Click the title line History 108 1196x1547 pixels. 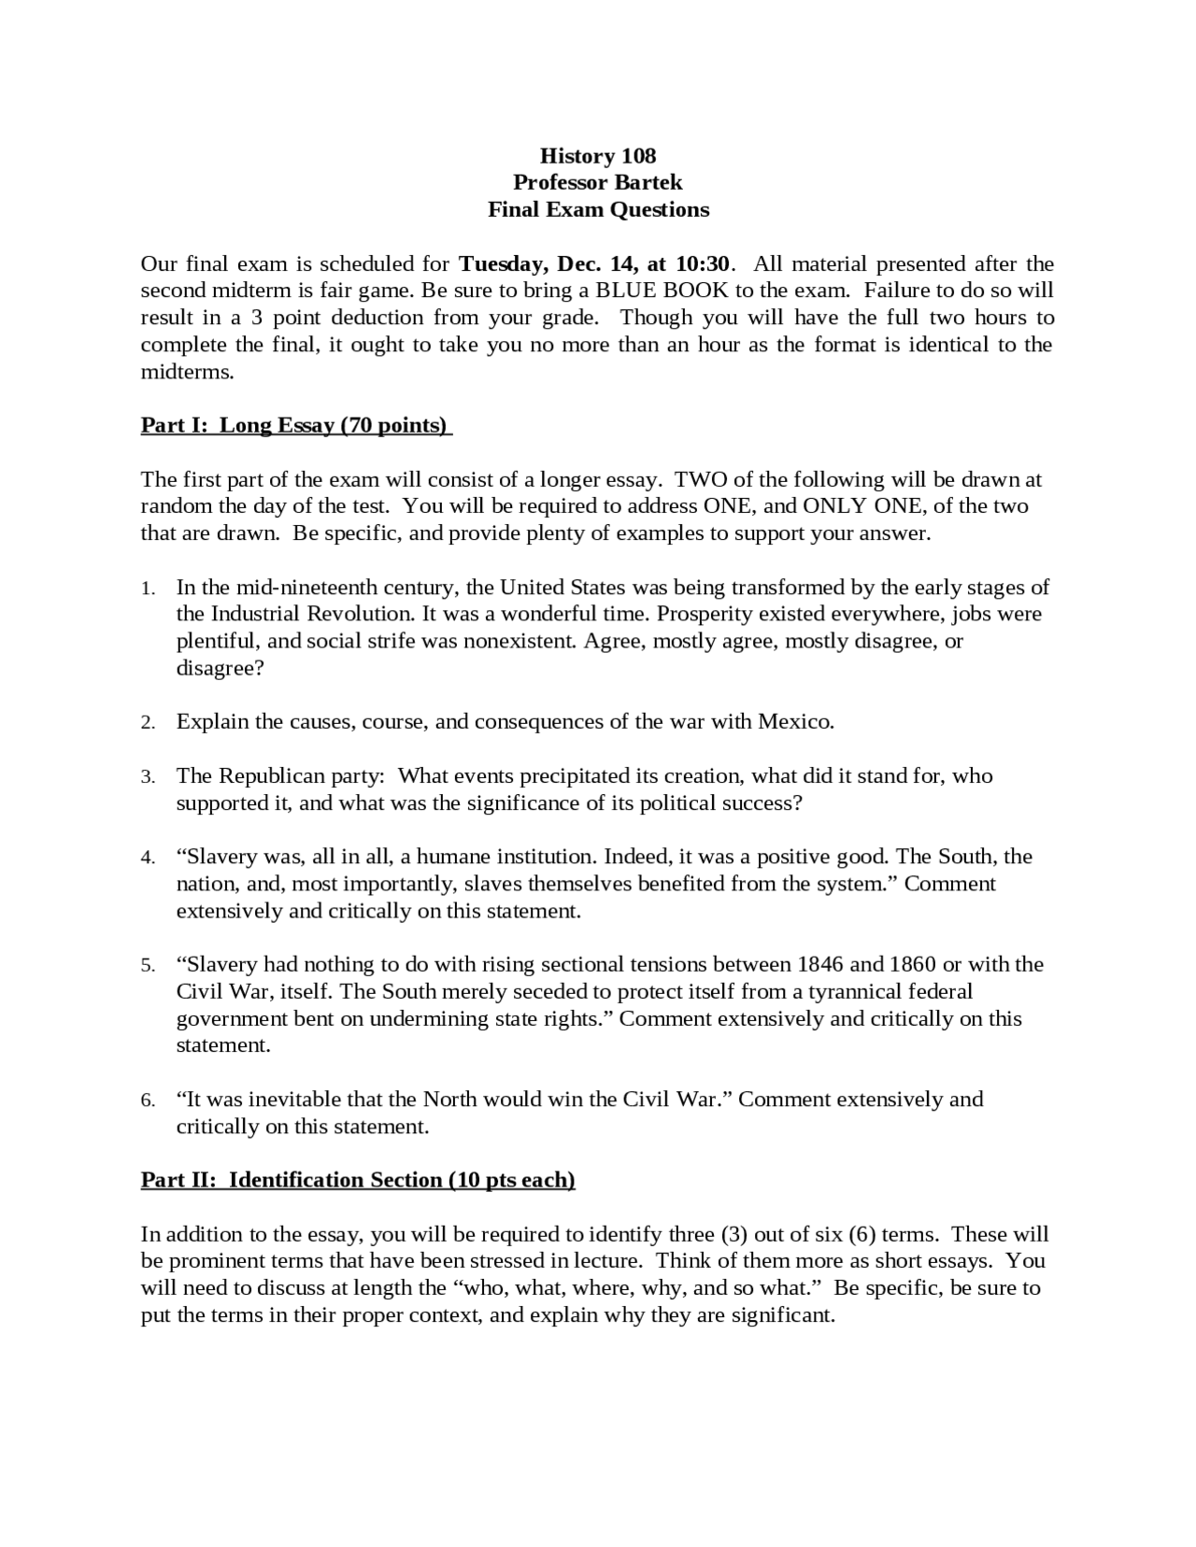pyautogui.click(x=598, y=155)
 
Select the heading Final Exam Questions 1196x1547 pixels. pyautogui.click(x=598, y=209)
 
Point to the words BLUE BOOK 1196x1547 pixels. pyautogui.click(x=662, y=291)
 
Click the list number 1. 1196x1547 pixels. pyautogui.click(x=148, y=589)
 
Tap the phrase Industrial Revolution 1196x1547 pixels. pyautogui.click(x=312, y=615)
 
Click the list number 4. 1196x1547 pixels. pyautogui.click(x=148, y=858)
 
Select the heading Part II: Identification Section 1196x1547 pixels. pyautogui.click(x=358, y=1180)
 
